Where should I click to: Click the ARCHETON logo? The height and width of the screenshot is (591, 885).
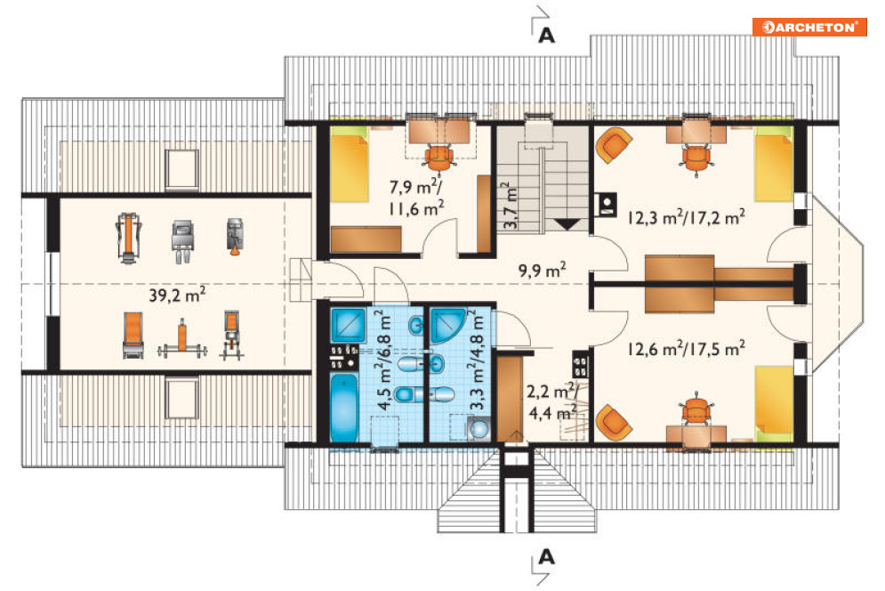point(809,27)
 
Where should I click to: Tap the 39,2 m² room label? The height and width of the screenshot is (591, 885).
point(177,295)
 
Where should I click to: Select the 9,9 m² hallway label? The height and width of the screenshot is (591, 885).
point(543,270)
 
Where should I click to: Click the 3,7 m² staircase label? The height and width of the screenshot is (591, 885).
point(509,205)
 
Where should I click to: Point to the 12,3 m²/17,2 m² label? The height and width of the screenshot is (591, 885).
point(687,216)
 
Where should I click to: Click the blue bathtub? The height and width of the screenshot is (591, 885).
point(343,407)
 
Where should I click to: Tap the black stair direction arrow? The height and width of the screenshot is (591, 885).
point(567,224)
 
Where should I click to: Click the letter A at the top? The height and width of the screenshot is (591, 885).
point(546,36)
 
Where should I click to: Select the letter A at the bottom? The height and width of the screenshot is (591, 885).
point(546,558)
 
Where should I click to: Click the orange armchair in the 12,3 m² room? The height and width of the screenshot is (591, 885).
point(614,145)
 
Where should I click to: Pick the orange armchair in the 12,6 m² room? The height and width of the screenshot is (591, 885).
point(614,422)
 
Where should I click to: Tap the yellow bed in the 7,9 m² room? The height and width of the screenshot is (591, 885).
point(350,165)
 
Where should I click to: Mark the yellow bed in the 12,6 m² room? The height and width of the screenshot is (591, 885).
point(775,403)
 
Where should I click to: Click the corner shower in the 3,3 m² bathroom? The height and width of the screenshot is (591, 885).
point(447,327)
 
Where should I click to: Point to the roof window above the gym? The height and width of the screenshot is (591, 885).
point(181,169)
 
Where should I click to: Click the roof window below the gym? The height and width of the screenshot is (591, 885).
point(181,399)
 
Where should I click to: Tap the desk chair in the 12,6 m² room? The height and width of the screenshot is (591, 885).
point(696,409)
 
